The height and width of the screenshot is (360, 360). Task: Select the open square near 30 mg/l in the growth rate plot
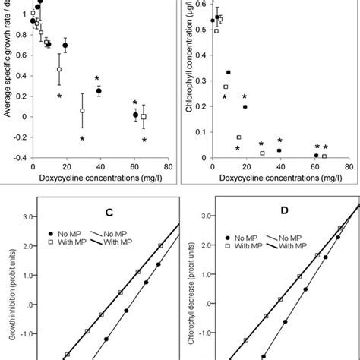tap(82, 111)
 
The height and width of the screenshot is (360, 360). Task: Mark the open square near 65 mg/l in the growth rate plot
tap(144, 116)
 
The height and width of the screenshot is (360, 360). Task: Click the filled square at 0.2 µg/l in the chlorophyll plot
tap(245, 107)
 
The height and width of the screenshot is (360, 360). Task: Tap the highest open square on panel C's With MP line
tap(160, 245)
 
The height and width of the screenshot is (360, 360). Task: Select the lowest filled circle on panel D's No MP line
tap(264, 355)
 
